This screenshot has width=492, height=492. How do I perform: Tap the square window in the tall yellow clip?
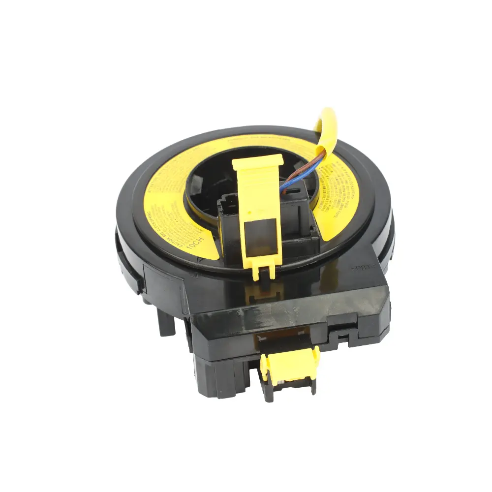coord(259,242)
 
